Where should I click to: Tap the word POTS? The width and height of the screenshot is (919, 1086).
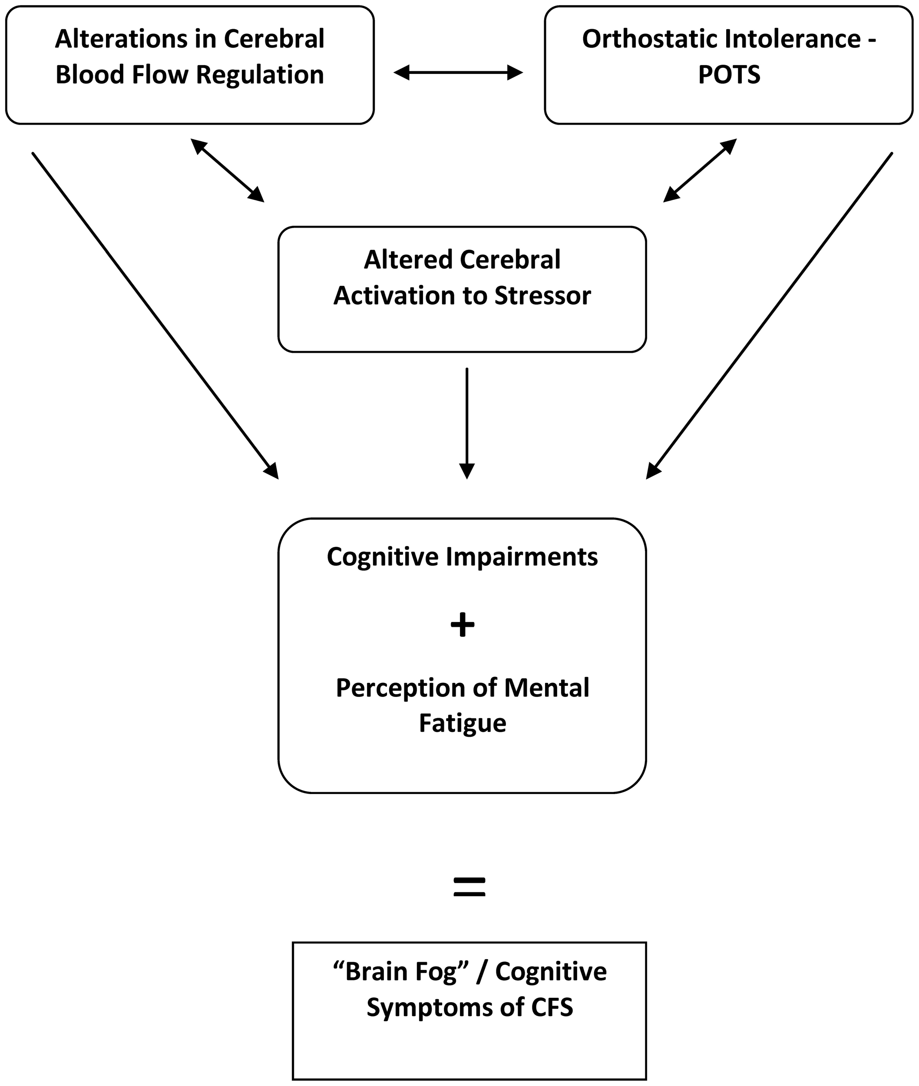[729, 75]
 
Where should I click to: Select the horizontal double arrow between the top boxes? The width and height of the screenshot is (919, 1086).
[458, 73]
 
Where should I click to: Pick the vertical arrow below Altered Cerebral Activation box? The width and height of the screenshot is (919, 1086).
[467, 422]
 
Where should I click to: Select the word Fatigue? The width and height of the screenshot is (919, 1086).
[462, 723]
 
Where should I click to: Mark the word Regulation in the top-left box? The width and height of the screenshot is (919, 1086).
[260, 75]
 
